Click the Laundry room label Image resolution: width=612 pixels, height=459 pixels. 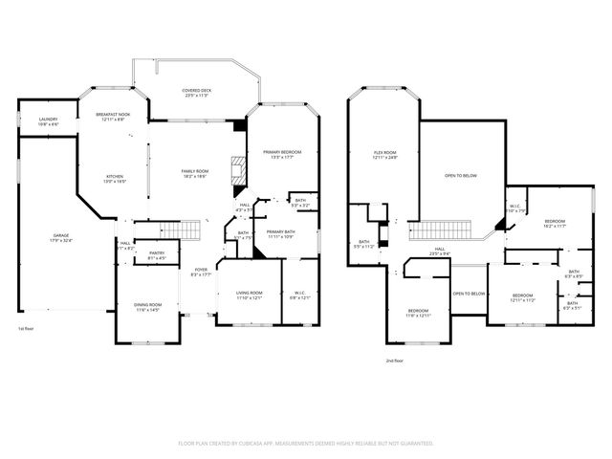pos(48,121)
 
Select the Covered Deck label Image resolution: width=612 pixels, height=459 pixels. pos(197,93)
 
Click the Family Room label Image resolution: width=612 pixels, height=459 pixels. pos(195,173)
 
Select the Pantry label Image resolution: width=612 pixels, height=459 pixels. pos(156,255)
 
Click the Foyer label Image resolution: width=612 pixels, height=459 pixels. pos(200,273)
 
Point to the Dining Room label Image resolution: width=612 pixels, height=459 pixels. pos(146,307)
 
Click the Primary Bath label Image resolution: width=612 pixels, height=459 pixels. pos(281,234)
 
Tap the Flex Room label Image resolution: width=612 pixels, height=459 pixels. pos(384,155)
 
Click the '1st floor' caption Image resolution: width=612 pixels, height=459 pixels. pos(27,329)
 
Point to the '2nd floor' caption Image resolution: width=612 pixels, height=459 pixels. pos(396,361)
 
